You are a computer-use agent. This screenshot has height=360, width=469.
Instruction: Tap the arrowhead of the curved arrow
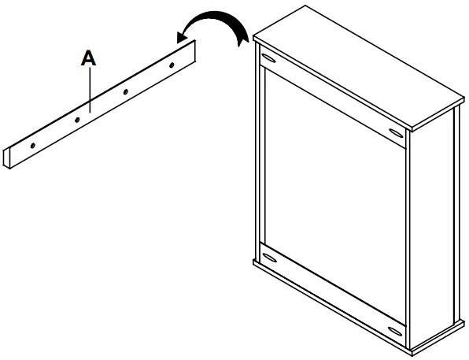(181, 34)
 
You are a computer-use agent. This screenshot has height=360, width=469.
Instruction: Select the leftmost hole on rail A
(32, 146)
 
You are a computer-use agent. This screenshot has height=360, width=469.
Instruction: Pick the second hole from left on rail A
(78, 120)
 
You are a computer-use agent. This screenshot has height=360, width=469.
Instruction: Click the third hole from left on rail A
(125, 91)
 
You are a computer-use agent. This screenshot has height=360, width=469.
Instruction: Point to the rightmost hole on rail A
(172, 63)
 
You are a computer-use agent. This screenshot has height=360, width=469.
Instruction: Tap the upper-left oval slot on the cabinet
(269, 61)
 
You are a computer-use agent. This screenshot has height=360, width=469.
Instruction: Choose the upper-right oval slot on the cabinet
(395, 130)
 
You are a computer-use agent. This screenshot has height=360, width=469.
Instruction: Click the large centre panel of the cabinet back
(334, 193)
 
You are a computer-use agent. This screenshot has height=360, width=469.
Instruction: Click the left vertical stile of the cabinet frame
(260, 158)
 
